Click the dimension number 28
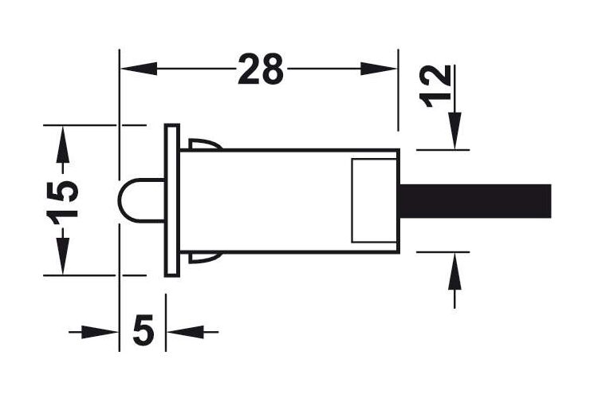261,69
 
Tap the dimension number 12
435,87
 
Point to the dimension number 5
144,328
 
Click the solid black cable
475,201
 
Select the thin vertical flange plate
172,199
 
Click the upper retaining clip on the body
205,144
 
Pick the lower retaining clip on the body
205,258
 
